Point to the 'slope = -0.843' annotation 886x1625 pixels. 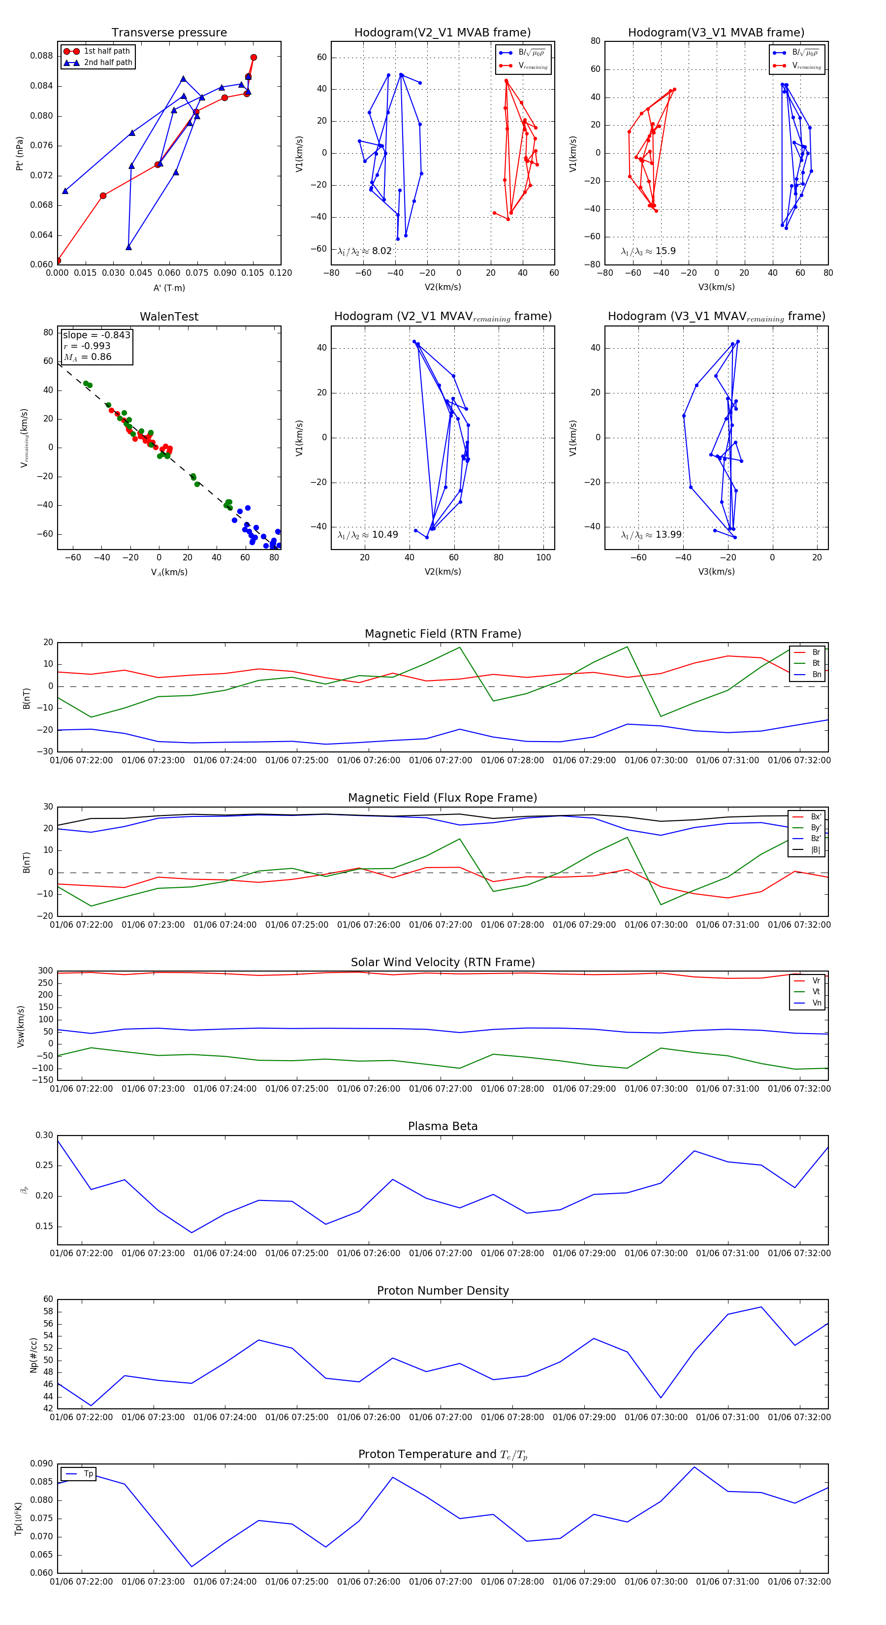96,335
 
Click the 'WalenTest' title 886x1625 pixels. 169,317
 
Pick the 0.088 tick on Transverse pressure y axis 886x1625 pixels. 42,56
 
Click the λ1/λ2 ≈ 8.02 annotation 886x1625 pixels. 364,251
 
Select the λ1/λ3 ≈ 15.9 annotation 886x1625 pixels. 648,251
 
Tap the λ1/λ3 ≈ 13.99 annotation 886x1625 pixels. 651,535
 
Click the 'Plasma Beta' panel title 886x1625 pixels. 443,1127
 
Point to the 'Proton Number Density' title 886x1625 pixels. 443,1291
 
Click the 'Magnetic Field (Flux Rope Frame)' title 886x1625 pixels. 443,798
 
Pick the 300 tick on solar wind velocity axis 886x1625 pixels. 45,971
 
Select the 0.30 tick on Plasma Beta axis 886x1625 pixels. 44,1136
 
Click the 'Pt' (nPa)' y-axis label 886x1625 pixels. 20,153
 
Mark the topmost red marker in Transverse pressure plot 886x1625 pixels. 253,58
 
